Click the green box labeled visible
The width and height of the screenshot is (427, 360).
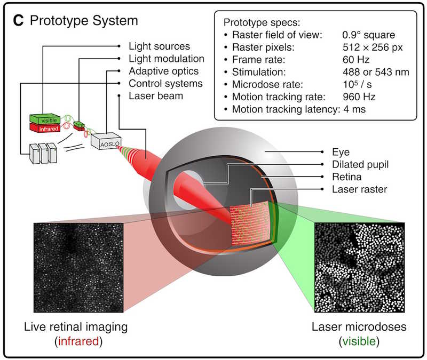pos(45,119)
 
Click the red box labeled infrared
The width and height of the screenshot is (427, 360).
pos(45,128)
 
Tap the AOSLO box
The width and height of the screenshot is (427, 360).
pos(106,141)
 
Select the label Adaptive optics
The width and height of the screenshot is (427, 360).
pos(164,71)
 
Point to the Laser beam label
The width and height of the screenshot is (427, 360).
pos(156,96)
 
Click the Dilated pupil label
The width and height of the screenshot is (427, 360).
pos(360,164)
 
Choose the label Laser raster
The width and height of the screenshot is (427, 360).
pos(359,189)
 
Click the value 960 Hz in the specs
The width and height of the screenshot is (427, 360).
pos(359,97)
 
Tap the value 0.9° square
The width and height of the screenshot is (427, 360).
pos(369,35)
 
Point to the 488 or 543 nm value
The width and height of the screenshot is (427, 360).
pos(376,72)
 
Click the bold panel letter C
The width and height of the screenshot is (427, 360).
pos(19,20)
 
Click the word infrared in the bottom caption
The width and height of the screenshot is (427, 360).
pos(78,341)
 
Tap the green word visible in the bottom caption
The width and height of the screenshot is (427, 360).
pos(359,341)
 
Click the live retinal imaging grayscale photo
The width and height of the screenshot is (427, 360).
pos(78,268)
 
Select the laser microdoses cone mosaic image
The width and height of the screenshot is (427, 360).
pos(359,268)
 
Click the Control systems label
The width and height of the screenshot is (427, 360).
pos(165,84)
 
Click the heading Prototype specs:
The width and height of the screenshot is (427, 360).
pos(262,22)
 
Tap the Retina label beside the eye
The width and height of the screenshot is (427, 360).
pos(347,177)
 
